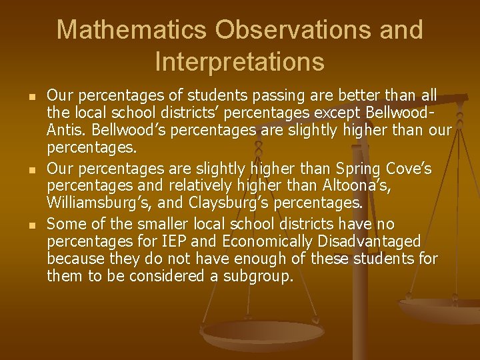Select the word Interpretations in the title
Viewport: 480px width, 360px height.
pos(240,62)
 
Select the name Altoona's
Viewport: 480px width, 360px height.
pos(357,185)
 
